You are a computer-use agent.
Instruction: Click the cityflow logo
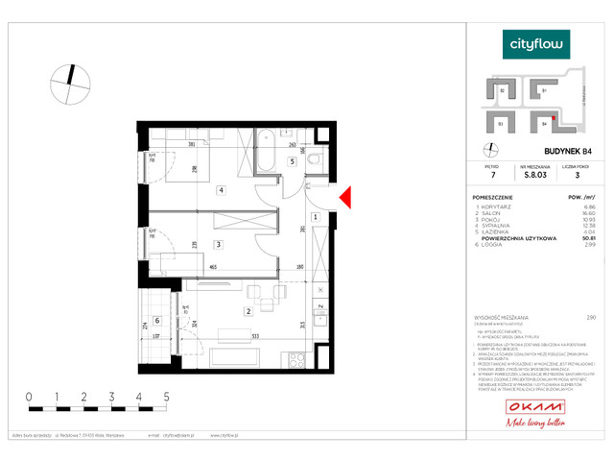(537, 43)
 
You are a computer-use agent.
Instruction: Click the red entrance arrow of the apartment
(347, 198)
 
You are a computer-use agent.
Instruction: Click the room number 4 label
(222, 190)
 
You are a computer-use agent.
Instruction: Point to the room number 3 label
(218, 245)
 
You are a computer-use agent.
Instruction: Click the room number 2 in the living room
(248, 311)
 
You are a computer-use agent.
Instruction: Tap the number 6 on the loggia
(157, 322)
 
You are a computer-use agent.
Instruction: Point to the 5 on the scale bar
(167, 396)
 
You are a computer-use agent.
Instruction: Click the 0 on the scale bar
(30, 396)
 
